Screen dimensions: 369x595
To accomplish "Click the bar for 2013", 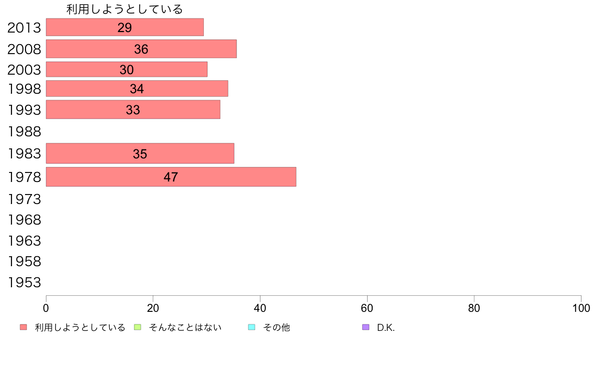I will tap(125, 27).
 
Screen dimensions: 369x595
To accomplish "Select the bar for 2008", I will tap(141, 49).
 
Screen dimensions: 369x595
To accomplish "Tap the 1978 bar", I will tap(171, 176).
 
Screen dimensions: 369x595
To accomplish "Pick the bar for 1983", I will tap(140, 153).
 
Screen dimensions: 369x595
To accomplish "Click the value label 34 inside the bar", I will tap(137, 89).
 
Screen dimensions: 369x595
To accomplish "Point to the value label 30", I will tap(127, 70).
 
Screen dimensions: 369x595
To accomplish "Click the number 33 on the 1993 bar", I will tap(133, 110).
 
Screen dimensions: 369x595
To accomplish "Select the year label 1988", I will tap(24, 132).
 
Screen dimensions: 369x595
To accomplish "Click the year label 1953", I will tap(24, 283).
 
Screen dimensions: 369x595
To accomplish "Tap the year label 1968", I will tap(24, 220).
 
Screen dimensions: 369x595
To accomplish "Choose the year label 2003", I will tap(24, 70).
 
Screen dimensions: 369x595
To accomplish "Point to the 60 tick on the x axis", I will tap(367, 308).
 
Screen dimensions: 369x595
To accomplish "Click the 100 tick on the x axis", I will tap(581, 308).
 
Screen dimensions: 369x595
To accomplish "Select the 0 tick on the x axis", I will tap(46, 308).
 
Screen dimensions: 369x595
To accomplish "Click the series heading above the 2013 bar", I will tap(125, 9).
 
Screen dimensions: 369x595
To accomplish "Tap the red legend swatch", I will tap(23, 327).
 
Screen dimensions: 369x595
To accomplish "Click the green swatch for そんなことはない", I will tap(138, 327).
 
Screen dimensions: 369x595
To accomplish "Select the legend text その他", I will tap(276, 327).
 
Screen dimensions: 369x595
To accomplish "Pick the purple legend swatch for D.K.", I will tap(366, 327).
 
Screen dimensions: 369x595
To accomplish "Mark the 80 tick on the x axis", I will tap(474, 308).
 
